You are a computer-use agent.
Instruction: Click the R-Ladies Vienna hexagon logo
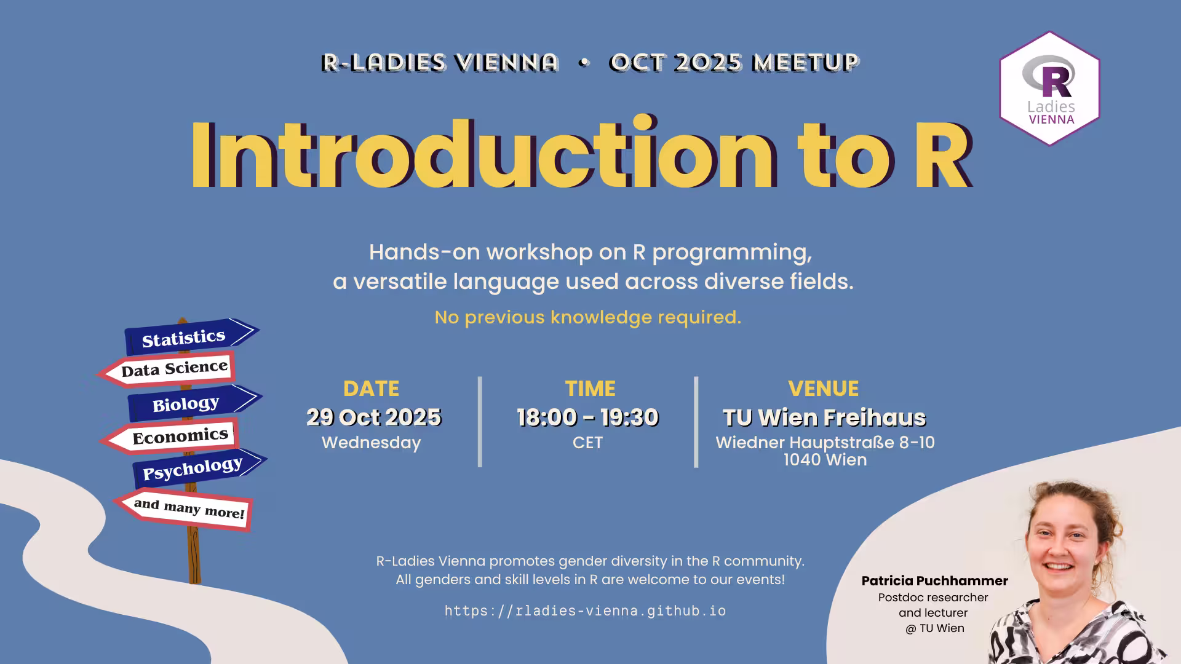[x=1049, y=89]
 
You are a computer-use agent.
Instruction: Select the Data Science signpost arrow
[x=166, y=370]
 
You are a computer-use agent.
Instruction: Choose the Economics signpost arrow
[x=170, y=437]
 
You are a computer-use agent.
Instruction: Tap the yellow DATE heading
[x=371, y=389]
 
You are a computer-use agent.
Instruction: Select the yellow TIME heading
[x=590, y=389]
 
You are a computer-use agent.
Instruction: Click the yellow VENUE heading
[x=823, y=389]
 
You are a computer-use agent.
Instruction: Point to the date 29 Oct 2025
[x=374, y=417]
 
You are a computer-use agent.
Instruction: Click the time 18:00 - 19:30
[x=588, y=417]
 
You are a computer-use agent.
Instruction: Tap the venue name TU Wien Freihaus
[x=824, y=417]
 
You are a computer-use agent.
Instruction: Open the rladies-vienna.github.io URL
[x=585, y=611]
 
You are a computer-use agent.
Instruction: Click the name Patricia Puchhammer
[x=934, y=581]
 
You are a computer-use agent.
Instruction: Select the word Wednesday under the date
[x=371, y=443]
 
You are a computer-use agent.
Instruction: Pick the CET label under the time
[x=587, y=443]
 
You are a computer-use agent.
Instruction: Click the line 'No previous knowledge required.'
[x=587, y=317]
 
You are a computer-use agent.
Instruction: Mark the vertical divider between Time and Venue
[x=696, y=422]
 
